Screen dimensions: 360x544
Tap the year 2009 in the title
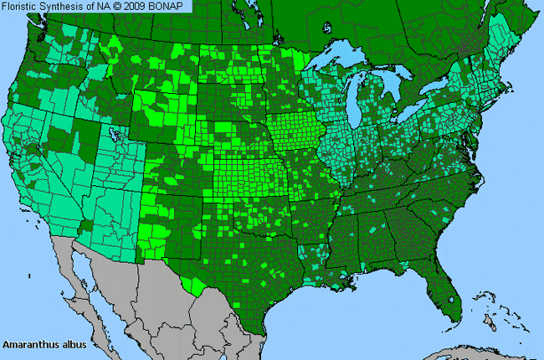coord(142,7)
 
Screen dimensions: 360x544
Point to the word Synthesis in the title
coord(70,7)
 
